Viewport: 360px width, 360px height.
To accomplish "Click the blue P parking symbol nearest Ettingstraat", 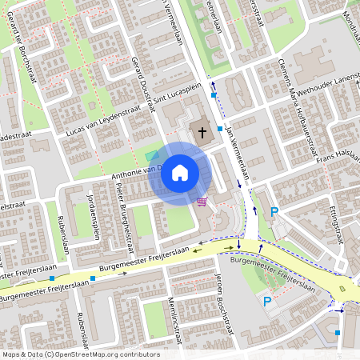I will [x=274, y=211].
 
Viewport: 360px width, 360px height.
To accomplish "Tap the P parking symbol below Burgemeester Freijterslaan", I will [x=268, y=301].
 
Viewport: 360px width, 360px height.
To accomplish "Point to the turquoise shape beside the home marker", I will [x=152, y=155].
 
